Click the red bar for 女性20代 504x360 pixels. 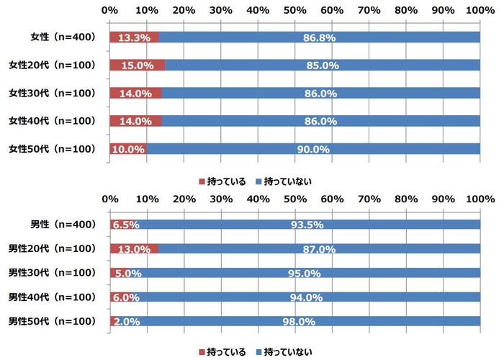137,66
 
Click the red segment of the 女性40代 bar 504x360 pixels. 135,121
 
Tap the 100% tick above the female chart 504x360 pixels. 480,10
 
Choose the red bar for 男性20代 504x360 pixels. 134,248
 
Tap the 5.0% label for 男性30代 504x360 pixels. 126,273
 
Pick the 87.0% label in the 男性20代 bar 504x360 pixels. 319,249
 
